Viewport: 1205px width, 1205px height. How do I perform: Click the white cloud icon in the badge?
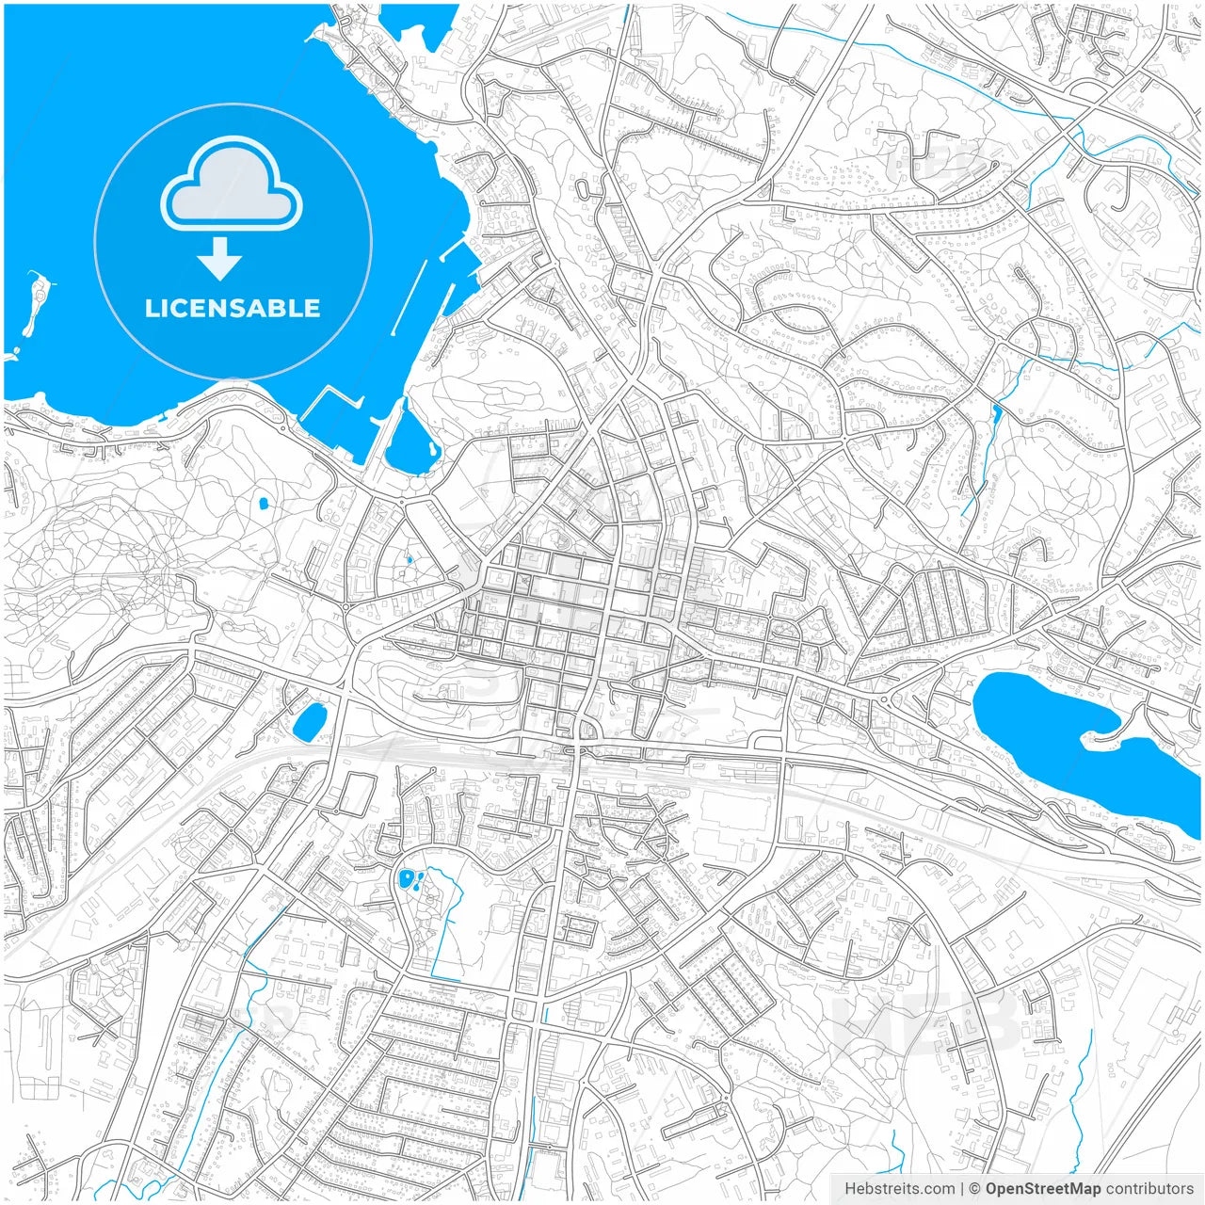click(x=232, y=184)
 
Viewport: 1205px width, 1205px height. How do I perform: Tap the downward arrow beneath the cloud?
click(x=220, y=259)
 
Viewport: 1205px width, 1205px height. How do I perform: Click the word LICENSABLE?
click(x=233, y=308)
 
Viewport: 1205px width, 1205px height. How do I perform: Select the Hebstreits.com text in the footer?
click(x=899, y=1189)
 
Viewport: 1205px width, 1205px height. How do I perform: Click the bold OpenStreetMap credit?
click(x=1042, y=1189)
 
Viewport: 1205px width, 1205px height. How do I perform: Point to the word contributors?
click(x=1149, y=1189)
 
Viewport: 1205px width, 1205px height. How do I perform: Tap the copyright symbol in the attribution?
click(x=975, y=1189)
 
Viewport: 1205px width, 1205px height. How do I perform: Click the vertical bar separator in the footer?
click(x=962, y=1189)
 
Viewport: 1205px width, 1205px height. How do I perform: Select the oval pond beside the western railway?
click(x=309, y=721)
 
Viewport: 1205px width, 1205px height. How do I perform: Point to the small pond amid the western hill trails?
click(x=264, y=504)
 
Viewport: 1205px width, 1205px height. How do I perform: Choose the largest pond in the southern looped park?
click(x=406, y=878)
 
